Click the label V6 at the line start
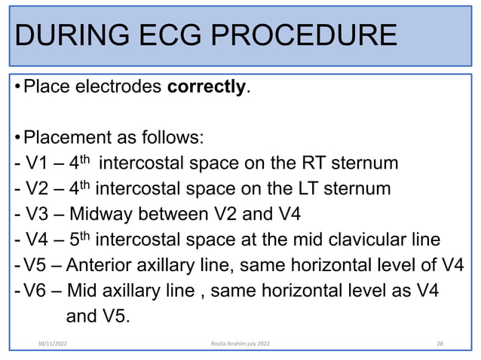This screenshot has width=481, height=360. point(35,291)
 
